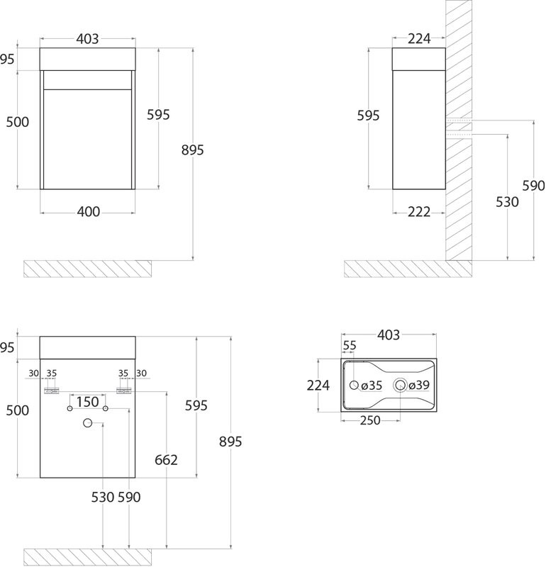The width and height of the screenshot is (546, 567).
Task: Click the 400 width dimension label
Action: pos(89,211)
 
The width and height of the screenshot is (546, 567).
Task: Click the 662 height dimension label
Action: pos(166,460)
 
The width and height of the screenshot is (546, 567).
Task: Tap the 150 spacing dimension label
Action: pos(88,402)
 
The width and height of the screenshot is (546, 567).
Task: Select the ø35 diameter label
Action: pos(372,386)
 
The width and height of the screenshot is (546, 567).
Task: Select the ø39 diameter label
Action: pos(419,385)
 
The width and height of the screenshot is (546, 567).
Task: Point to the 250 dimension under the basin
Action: pos(370,420)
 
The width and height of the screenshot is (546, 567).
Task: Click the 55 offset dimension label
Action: pos(350,345)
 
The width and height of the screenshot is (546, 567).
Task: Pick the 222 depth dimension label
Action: pos(419,212)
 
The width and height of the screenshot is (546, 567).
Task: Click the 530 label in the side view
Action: pos(507,202)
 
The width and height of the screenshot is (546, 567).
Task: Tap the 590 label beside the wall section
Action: pos(534,186)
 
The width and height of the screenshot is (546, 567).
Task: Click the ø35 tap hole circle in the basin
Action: pos(355,385)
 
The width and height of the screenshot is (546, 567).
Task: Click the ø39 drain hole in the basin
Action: pos(400,385)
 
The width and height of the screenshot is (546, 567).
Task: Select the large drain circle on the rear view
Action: pos(87,422)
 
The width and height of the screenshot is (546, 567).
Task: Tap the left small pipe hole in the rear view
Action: pos(69,409)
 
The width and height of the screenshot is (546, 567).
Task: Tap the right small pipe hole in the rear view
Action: pos(105,409)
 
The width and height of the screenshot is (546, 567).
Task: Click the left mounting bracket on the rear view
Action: pos(51,391)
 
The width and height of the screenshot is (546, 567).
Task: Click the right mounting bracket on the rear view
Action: pos(124,391)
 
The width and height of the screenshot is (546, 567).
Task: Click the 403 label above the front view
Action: pos(87,39)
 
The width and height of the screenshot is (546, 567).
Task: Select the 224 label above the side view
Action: pos(419,38)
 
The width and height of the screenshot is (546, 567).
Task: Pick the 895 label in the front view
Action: pos(193,150)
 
